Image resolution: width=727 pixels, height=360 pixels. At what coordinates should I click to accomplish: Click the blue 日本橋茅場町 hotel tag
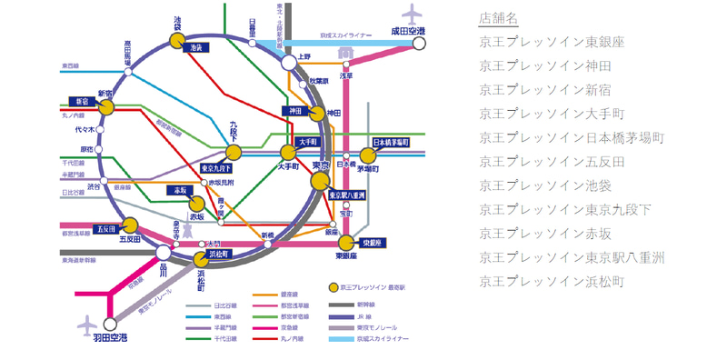[x=392, y=144]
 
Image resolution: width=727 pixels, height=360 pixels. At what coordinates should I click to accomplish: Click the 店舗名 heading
[x=499, y=18]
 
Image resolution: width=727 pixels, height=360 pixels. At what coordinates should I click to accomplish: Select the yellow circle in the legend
[x=334, y=286]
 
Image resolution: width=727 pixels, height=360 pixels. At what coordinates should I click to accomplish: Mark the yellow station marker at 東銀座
[x=345, y=243]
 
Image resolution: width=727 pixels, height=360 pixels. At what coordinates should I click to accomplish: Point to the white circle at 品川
[x=163, y=253]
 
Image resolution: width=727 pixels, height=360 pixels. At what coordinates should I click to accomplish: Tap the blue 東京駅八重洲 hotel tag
[x=346, y=195]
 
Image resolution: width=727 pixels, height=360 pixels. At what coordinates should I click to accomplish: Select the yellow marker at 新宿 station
[x=106, y=107]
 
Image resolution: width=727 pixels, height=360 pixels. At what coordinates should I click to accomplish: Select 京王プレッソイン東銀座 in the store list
[x=553, y=43]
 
